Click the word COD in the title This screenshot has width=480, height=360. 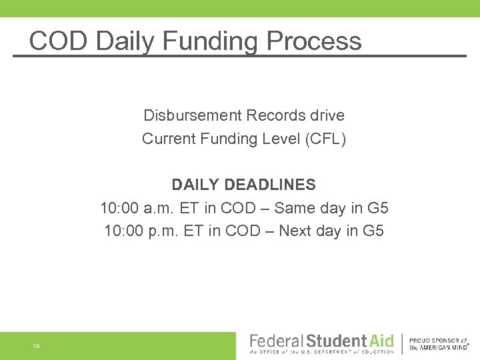pyautogui.click(x=58, y=41)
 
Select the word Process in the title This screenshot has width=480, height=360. pyautogui.click(x=313, y=41)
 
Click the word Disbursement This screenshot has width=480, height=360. pyautogui.click(x=192, y=115)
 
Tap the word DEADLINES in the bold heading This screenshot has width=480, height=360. pyautogui.click(x=270, y=184)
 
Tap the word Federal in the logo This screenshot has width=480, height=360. pyautogui.click(x=275, y=341)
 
